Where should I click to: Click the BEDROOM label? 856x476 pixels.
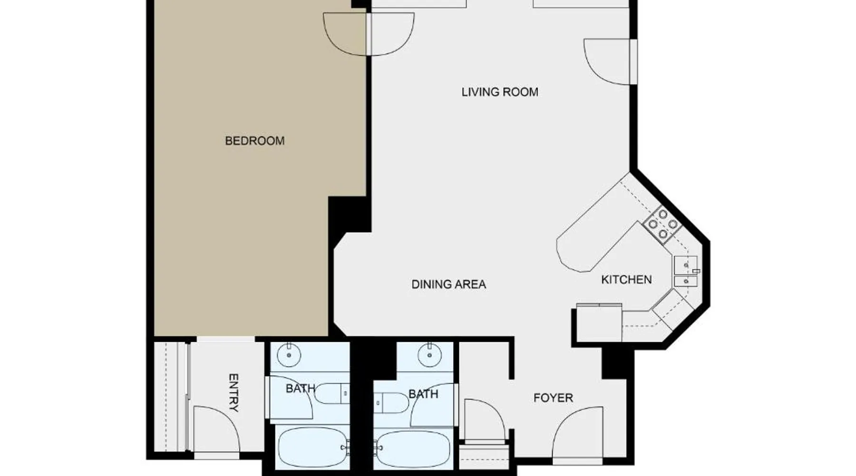254,141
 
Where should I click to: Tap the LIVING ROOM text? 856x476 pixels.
500,92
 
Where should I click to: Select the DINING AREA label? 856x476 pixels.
448,284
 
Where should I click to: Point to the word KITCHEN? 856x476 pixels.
626,279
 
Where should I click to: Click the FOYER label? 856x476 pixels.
553,397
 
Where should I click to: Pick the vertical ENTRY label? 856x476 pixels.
233,392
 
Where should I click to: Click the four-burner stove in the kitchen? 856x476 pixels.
662,223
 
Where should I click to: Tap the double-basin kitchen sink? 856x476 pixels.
685,271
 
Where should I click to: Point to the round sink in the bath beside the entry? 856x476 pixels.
289,355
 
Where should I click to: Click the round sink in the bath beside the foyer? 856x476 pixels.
429,355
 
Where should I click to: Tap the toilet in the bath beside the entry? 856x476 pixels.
332,394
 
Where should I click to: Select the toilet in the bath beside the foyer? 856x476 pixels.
391,403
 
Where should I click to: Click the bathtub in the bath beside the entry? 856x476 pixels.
312,447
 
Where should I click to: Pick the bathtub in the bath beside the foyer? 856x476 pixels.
412,449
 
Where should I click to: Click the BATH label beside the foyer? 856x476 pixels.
423,394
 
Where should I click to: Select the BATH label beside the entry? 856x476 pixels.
301,389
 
